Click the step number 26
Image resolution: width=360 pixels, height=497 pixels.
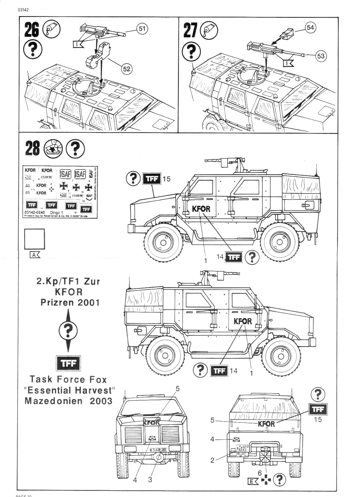click(32, 30)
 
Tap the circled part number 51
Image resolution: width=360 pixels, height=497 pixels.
click(142, 29)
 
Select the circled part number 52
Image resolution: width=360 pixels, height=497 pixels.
click(127, 69)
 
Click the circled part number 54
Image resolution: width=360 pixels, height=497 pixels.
click(310, 27)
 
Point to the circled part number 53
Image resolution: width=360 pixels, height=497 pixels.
click(321, 56)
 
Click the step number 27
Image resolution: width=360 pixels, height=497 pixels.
click(190, 30)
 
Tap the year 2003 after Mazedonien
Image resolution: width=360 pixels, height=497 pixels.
click(101, 401)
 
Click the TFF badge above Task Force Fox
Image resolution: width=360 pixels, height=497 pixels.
click(68, 363)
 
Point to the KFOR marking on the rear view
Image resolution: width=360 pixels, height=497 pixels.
click(266, 424)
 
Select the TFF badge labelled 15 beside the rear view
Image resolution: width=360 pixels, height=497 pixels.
click(318, 409)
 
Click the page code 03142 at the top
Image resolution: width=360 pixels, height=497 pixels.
click(23, 10)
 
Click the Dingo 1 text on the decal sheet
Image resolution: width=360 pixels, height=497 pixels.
click(57, 213)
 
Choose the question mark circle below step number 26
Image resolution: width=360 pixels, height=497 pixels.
click(32, 49)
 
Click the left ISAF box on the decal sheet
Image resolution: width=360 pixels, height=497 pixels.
click(65, 174)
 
